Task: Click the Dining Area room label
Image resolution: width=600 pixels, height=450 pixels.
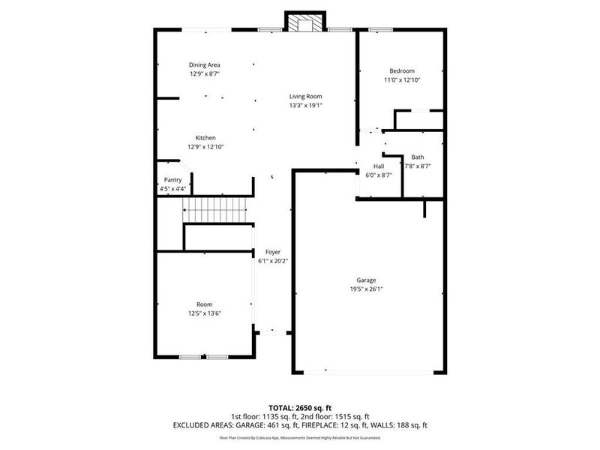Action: [x=204, y=65]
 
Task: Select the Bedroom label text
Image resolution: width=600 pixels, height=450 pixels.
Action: [x=401, y=70]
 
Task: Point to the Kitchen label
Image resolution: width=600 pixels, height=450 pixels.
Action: [x=205, y=138]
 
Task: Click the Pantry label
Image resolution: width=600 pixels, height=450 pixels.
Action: [x=172, y=180]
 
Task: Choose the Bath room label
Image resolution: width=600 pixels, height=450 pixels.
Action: [x=417, y=157]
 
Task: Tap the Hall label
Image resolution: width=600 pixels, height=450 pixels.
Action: [x=379, y=166]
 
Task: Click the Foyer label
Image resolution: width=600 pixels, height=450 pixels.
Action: [x=272, y=252]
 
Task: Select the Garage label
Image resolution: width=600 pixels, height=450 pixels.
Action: [x=366, y=280]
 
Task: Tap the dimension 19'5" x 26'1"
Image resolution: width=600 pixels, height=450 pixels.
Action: [x=366, y=289]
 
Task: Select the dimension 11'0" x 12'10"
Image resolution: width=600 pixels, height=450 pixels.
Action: [x=401, y=79]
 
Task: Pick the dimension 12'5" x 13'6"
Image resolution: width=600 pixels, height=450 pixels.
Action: [x=204, y=313]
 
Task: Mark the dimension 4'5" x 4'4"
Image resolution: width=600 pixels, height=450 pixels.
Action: [x=172, y=189]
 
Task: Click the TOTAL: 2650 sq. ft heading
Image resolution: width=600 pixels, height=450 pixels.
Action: [x=300, y=407]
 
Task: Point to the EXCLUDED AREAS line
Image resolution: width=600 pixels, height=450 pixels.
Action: [x=300, y=425]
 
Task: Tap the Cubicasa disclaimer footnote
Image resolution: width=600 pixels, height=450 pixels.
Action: [x=300, y=437]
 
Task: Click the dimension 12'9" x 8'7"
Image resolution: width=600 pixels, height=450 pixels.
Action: [x=204, y=74]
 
